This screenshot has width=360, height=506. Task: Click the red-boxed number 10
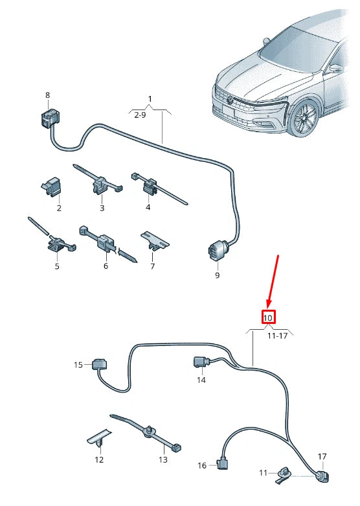(x=268, y=318)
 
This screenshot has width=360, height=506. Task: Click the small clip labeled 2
(x=52, y=186)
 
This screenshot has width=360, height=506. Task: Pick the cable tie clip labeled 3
(x=101, y=185)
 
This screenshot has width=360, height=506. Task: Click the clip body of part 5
(x=57, y=244)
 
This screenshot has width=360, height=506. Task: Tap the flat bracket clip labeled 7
(x=155, y=242)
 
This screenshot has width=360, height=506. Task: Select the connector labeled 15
(x=99, y=364)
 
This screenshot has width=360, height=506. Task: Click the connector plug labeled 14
(x=201, y=362)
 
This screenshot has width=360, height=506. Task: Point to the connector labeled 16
(x=222, y=465)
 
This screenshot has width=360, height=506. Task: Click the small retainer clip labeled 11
(x=284, y=474)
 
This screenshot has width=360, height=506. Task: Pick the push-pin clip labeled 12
(x=99, y=439)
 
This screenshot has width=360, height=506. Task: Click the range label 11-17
(x=277, y=336)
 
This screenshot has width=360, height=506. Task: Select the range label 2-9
(x=140, y=115)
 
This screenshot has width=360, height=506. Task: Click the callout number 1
(x=150, y=98)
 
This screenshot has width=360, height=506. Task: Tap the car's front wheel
(x=304, y=118)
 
